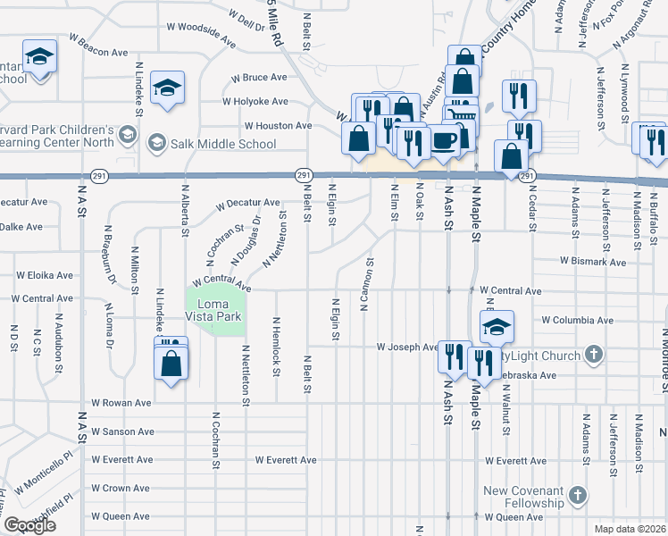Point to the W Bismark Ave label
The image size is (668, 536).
593,262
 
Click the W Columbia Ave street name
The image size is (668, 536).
577,320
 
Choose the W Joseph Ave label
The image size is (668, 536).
406,347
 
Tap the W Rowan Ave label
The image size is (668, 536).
123,403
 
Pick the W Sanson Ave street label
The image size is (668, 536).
123,431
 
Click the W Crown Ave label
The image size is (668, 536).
122,489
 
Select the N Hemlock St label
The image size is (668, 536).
276,347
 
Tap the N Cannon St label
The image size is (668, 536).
366,284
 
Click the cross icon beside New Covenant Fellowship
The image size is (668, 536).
578,495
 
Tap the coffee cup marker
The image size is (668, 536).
445,140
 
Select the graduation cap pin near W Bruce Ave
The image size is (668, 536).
167,88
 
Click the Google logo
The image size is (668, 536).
29,525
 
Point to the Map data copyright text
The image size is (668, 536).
632,529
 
